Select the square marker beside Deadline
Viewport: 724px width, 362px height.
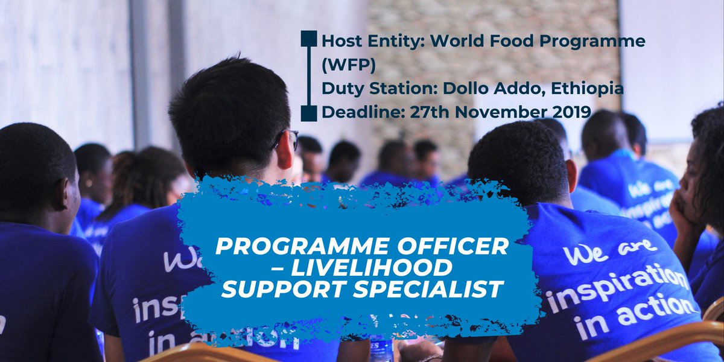[x=308, y=112]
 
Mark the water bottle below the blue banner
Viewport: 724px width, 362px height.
[x=381, y=348]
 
